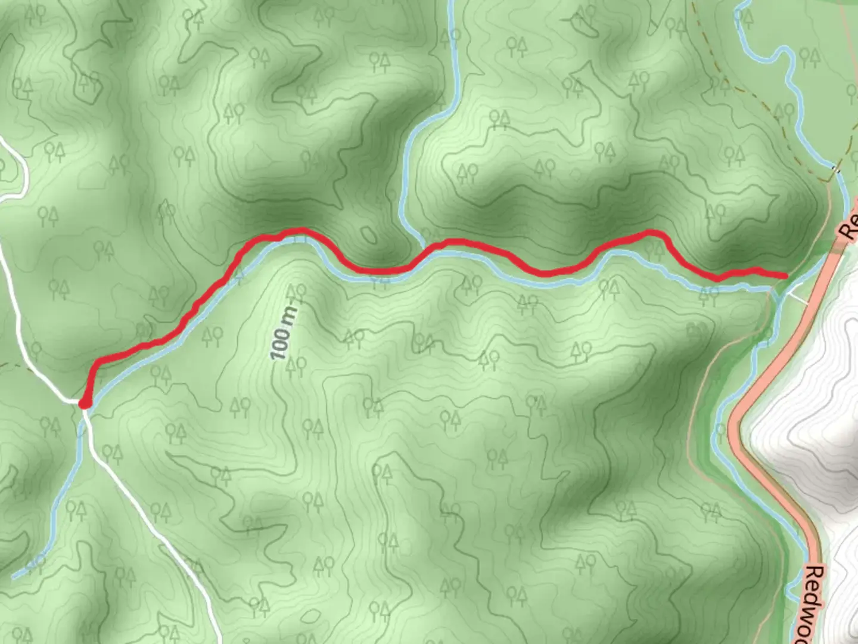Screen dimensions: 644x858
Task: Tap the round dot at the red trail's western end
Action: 85,404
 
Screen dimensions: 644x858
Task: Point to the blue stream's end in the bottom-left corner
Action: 14,576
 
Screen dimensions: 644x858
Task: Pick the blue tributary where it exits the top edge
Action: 451,5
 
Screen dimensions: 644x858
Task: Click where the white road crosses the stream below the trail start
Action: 84,415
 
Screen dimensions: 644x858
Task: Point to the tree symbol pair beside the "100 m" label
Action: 295,292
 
